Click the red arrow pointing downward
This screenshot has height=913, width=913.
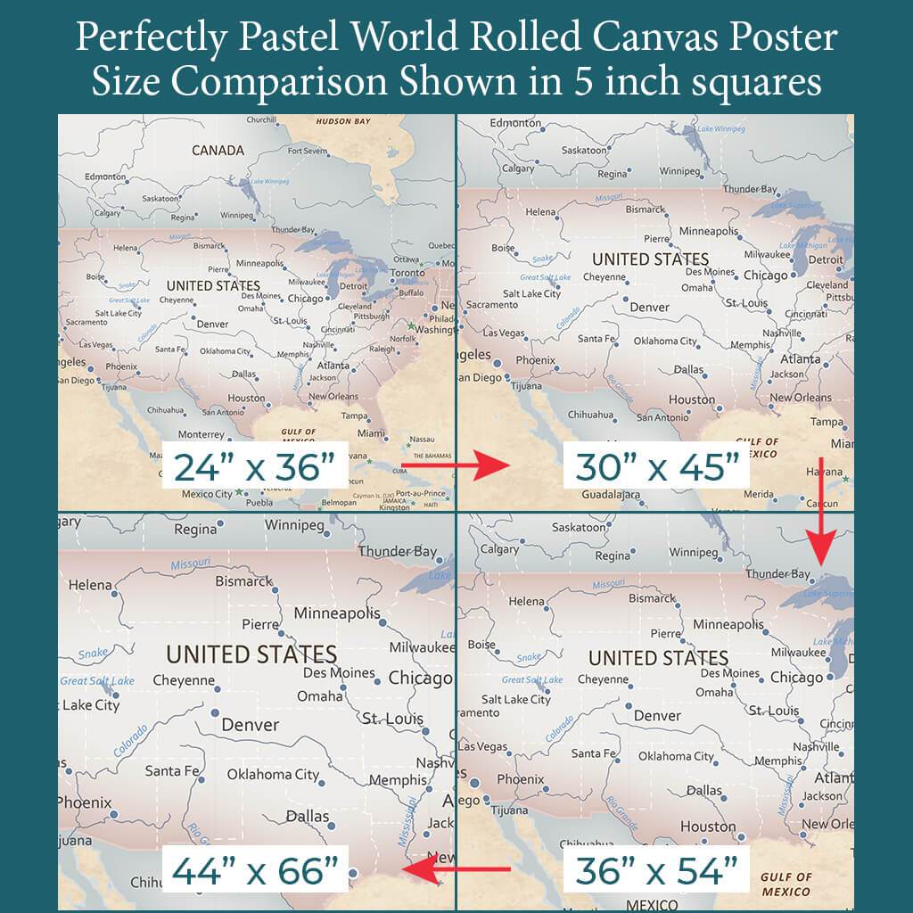pyautogui.click(x=820, y=516)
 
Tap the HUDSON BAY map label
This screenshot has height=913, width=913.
pyautogui.click(x=344, y=121)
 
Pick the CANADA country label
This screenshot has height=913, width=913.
pyautogui.click(x=218, y=150)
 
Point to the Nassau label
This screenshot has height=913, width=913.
pyautogui.click(x=422, y=439)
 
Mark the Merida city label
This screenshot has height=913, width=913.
pyautogui.click(x=758, y=493)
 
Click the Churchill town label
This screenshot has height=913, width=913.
pyautogui.click(x=261, y=120)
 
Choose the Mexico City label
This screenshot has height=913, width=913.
pyautogui.click(x=206, y=493)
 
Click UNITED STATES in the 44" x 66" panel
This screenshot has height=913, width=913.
pyautogui.click(x=251, y=654)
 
